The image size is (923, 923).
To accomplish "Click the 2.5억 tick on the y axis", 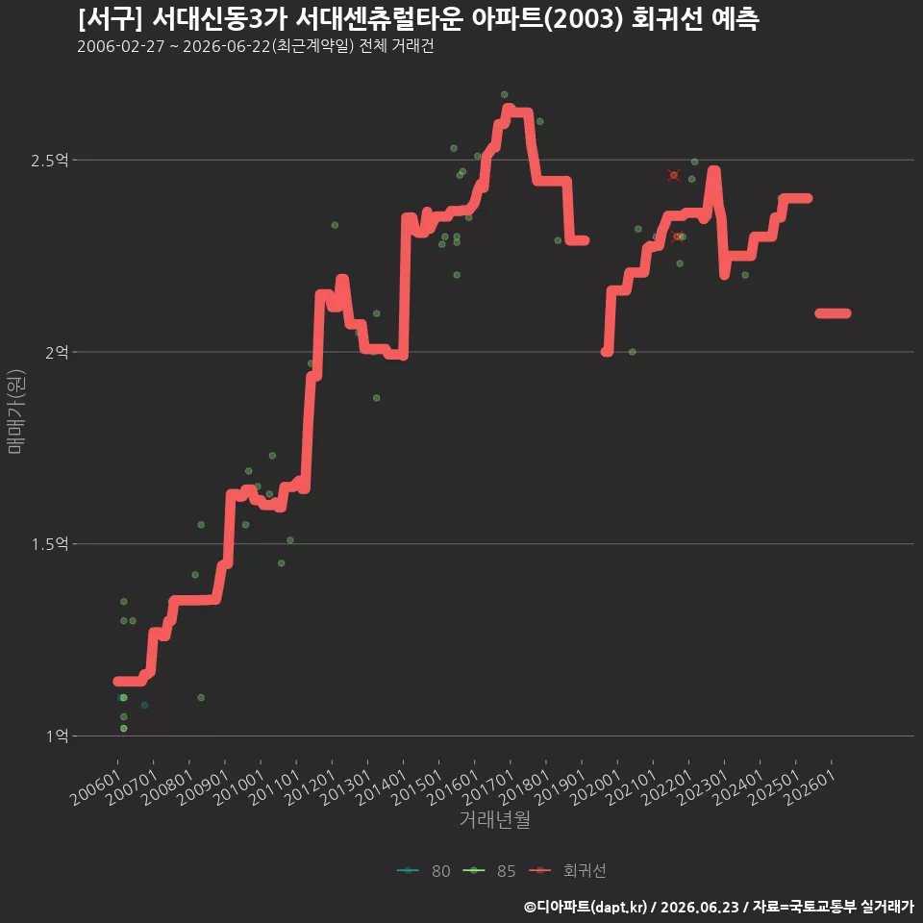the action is (49, 161).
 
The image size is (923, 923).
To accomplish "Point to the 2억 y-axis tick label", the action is (57, 352).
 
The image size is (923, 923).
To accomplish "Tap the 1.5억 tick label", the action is (49, 544).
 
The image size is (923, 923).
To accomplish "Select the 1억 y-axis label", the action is (57, 736).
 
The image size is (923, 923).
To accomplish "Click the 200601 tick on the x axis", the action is (96, 787).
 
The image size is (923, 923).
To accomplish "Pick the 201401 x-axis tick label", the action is (382, 787).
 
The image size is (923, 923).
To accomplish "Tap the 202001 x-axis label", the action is (596, 787).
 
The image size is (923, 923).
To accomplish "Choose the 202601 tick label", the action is (811, 787).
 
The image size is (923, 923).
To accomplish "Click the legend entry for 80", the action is (424, 871).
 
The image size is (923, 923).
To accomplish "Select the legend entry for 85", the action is (489, 871).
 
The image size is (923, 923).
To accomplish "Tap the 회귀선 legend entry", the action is (567, 871).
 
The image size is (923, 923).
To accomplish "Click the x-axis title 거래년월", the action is (494, 819).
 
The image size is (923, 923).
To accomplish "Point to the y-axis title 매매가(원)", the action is (15, 412).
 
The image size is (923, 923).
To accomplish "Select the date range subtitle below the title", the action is (256, 46).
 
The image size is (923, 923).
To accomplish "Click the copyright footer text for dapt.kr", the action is (719, 907).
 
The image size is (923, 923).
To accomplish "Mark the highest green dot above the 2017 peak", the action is (504, 95).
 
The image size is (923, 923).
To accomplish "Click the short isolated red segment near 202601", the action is (833, 313).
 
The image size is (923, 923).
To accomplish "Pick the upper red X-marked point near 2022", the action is (674, 175).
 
